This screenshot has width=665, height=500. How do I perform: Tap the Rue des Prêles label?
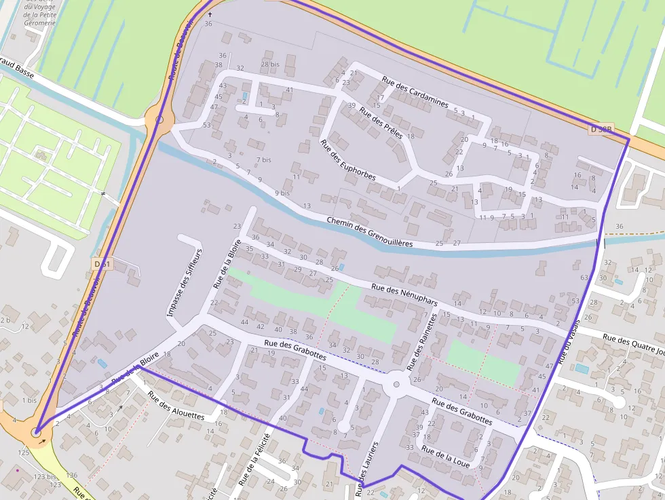(381, 122)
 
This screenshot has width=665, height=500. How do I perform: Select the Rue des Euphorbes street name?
(347, 160)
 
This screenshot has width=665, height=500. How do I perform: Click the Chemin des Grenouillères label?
(369, 232)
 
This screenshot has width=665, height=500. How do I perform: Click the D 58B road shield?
(601, 129)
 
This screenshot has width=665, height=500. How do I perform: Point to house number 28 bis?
(269, 64)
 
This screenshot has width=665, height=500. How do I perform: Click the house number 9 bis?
(282, 193)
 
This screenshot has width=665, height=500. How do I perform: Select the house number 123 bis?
(43, 477)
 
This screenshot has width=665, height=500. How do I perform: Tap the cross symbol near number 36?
(210, 14)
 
